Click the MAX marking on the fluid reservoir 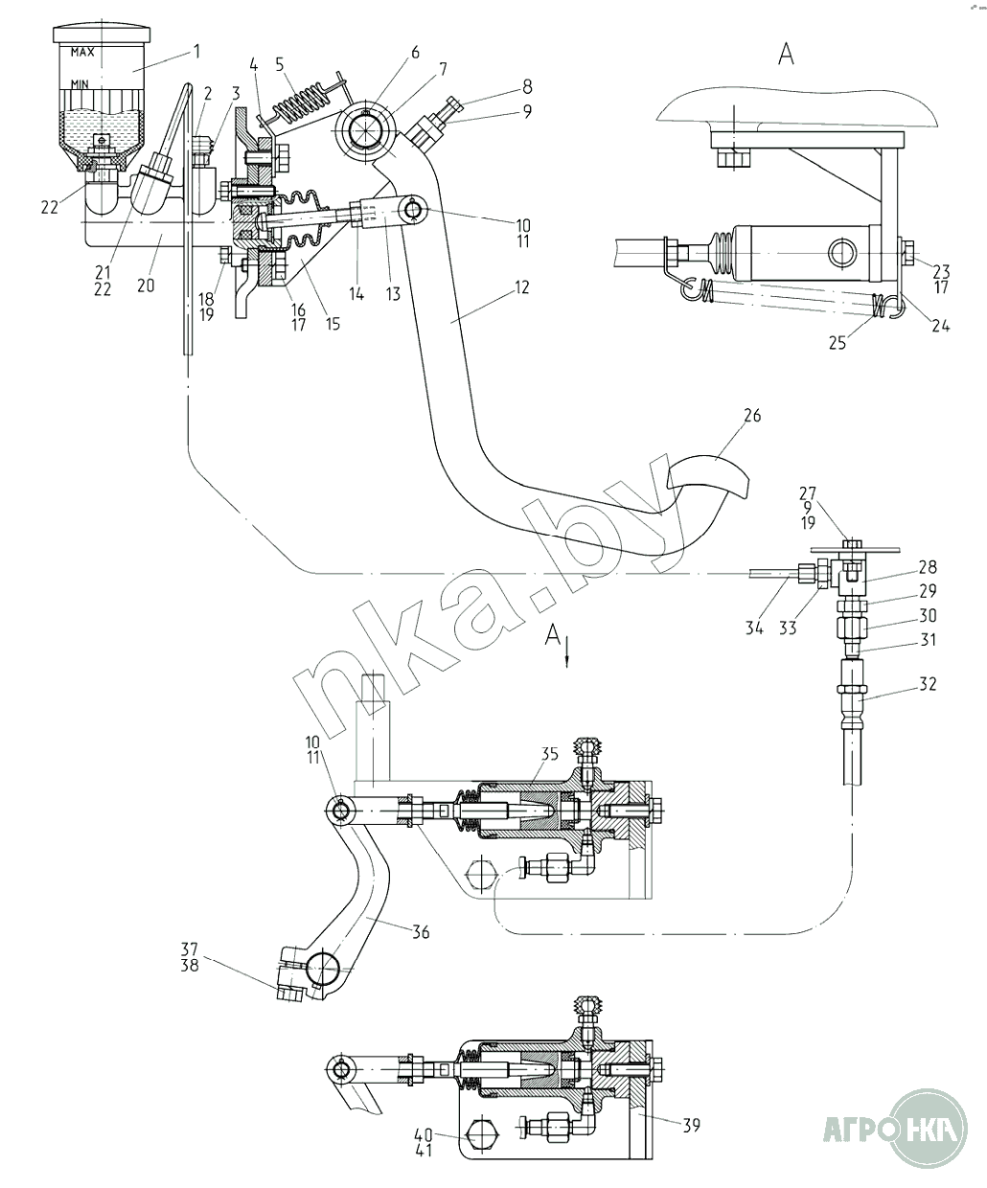point(82,52)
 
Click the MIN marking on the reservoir point(80,84)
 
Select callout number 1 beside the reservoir point(196,52)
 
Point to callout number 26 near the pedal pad point(752,416)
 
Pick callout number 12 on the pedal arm point(521,287)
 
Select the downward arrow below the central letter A point(567,655)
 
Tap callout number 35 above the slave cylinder point(550,754)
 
